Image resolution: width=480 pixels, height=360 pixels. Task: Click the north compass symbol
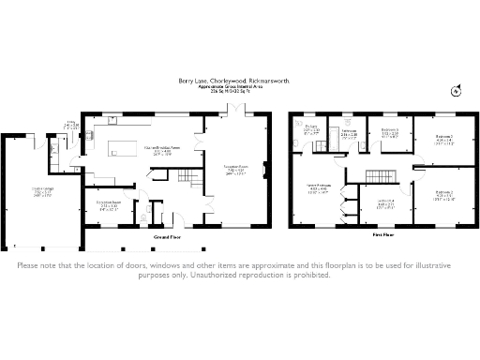click(455, 90)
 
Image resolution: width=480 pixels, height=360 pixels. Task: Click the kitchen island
click(125, 149)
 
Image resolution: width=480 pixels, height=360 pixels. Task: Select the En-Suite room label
click(311, 129)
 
